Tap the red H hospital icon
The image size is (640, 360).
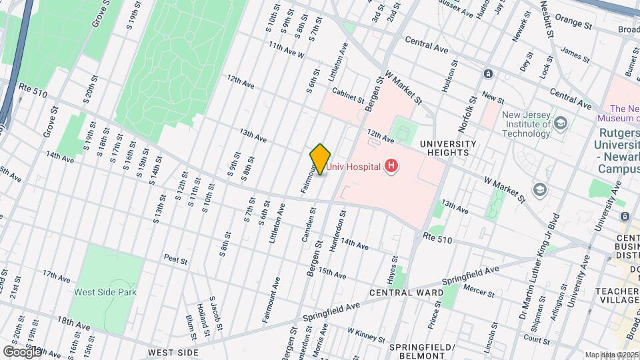pyautogui.click(x=391, y=166)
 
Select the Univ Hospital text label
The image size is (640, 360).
pyautogui.click(x=353, y=166)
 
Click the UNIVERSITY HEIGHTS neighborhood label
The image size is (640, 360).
pyautogui.click(x=448, y=148)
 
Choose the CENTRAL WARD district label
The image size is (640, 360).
pyautogui.click(x=407, y=293)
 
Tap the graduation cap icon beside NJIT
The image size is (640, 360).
pyautogui.click(x=561, y=123)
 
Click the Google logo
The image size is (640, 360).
pyautogui.click(x=22, y=351)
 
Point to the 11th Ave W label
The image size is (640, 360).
pyautogui.click(x=287, y=50)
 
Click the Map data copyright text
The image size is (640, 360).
pyautogui.click(x=611, y=354)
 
